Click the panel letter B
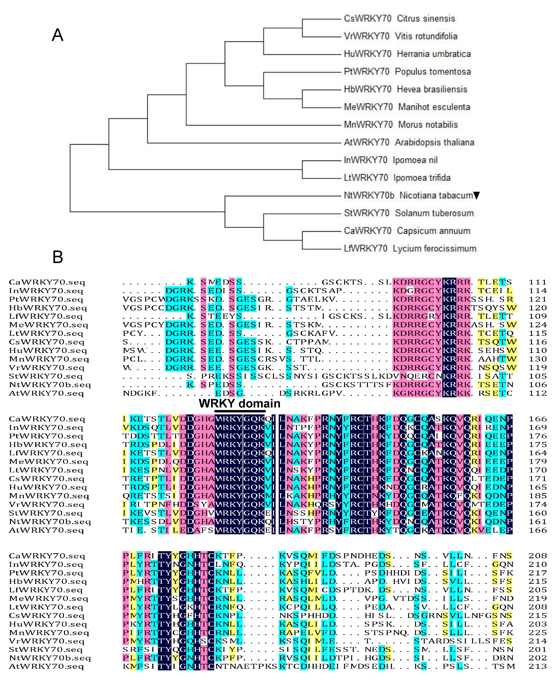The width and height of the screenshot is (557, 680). point(58,257)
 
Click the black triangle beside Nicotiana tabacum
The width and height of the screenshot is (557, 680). point(477,195)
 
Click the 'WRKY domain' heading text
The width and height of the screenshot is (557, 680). point(239,403)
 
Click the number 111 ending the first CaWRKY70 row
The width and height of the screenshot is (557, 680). point(537,282)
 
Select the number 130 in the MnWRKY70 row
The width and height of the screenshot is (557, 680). point(537,359)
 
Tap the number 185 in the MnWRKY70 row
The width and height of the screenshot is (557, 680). point(537,496)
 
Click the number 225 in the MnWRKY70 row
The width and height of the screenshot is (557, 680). point(537,633)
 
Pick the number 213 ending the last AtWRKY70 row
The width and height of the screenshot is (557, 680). point(537,667)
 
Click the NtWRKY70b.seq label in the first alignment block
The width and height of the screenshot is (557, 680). point(50,385)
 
